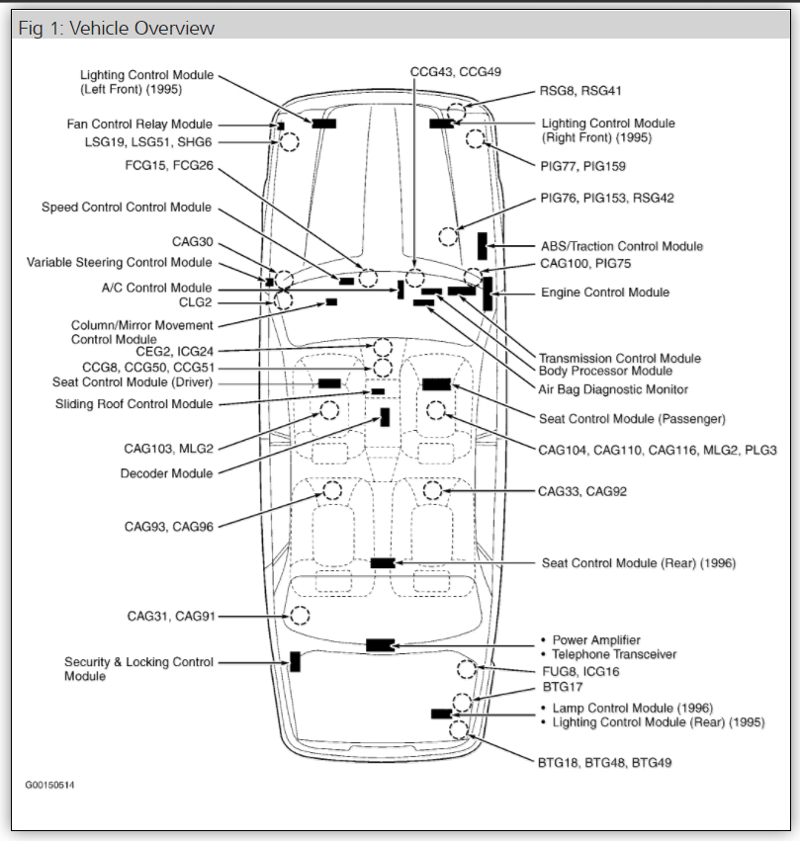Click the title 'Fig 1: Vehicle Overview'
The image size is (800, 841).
point(117,28)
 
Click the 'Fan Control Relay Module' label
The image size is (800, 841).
point(139,125)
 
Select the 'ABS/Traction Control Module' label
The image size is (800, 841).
point(622,246)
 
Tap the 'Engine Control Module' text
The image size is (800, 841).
point(605,293)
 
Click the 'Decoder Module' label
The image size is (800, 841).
point(166,473)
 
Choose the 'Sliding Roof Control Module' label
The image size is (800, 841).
point(133,404)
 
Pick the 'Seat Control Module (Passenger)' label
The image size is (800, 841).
point(632,419)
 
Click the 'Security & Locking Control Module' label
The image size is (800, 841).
point(138,669)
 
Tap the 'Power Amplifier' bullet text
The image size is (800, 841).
point(595,640)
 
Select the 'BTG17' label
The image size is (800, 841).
point(563,686)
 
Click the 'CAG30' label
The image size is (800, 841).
point(192,242)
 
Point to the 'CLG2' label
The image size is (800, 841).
point(195,302)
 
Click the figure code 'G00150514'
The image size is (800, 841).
point(50,785)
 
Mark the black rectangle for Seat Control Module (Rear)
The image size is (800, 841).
point(383,563)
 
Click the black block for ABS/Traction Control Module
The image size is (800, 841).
point(482,245)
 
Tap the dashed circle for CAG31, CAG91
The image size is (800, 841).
point(299,616)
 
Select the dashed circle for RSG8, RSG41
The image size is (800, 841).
point(456,110)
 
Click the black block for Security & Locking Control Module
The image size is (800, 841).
point(295,662)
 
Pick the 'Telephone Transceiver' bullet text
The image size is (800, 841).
point(613,654)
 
